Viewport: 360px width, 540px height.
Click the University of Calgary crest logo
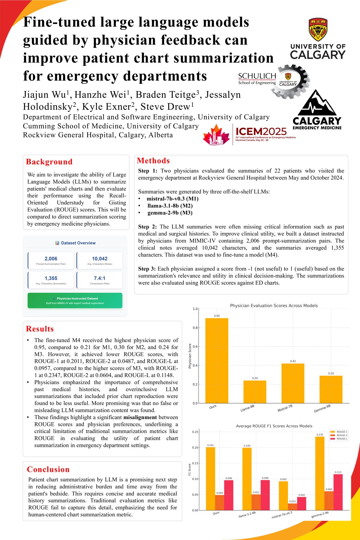click(318, 29)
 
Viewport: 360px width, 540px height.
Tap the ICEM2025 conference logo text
click(261, 131)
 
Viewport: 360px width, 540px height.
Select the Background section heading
click(49, 162)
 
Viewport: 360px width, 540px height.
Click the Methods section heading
click(153, 161)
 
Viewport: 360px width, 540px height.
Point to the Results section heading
click(40, 329)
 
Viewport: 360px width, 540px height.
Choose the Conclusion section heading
click(48, 469)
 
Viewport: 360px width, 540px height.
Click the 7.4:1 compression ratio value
click(100, 278)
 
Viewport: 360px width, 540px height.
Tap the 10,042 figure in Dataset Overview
click(100, 259)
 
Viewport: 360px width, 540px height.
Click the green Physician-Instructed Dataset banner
click(75, 301)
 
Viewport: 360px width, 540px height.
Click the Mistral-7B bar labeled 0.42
click(293, 383)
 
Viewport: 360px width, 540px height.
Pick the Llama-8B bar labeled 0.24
click(255, 392)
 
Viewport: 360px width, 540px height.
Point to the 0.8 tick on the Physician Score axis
click(195, 328)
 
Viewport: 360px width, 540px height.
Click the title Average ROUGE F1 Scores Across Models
click(274, 426)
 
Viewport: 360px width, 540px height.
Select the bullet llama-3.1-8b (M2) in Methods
click(170, 206)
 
